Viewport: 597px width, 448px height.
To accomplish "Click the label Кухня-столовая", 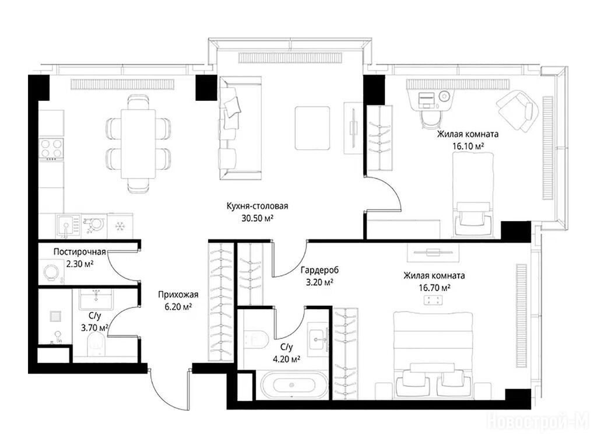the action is point(257,206).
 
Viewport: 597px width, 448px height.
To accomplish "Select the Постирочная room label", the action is point(79,252).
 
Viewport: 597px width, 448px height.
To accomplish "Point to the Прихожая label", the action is point(178,295).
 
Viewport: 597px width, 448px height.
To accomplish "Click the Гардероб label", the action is point(319,270).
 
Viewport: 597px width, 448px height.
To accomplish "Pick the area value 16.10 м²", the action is point(468,146).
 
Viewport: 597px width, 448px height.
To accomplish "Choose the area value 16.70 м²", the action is point(434,288).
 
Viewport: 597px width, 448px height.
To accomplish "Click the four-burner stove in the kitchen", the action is point(51,149).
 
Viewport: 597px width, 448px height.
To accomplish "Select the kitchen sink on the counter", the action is point(68,225).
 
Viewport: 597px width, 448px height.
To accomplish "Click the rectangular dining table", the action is point(138,143).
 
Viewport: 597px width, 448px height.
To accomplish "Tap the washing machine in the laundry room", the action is point(51,272).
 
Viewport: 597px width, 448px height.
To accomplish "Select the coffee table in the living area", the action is point(312,128).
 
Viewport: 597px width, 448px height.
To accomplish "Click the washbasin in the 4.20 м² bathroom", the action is point(318,337).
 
